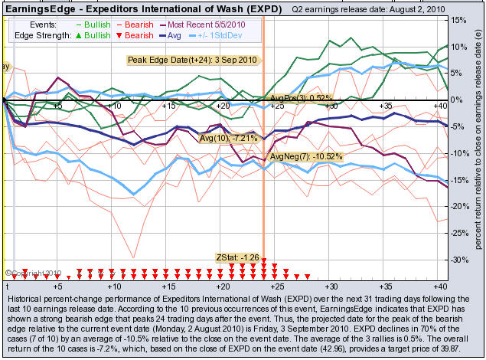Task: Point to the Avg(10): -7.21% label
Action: pyautogui.click(x=228, y=139)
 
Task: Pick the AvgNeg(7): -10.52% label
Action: pyautogui.click(x=306, y=156)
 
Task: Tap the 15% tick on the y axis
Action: pyautogui.click(x=458, y=20)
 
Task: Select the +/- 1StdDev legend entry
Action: pyautogui.click(x=228, y=35)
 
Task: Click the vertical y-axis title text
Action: pyautogui.click(x=478, y=146)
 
